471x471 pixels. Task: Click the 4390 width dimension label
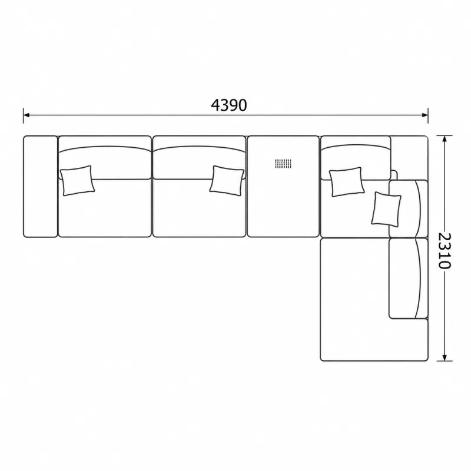point(229,105)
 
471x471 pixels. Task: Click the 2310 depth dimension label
point(445,251)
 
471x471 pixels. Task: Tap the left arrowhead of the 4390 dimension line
point(26,115)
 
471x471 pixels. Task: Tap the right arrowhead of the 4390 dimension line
point(424,115)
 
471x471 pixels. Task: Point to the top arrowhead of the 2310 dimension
point(445,139)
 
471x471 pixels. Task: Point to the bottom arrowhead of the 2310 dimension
point(445,357)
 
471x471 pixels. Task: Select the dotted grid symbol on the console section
point(283,164)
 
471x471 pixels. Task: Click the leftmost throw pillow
point(77,181)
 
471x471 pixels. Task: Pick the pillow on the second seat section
point(227,181)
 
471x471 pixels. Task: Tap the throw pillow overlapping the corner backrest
point(347,182)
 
